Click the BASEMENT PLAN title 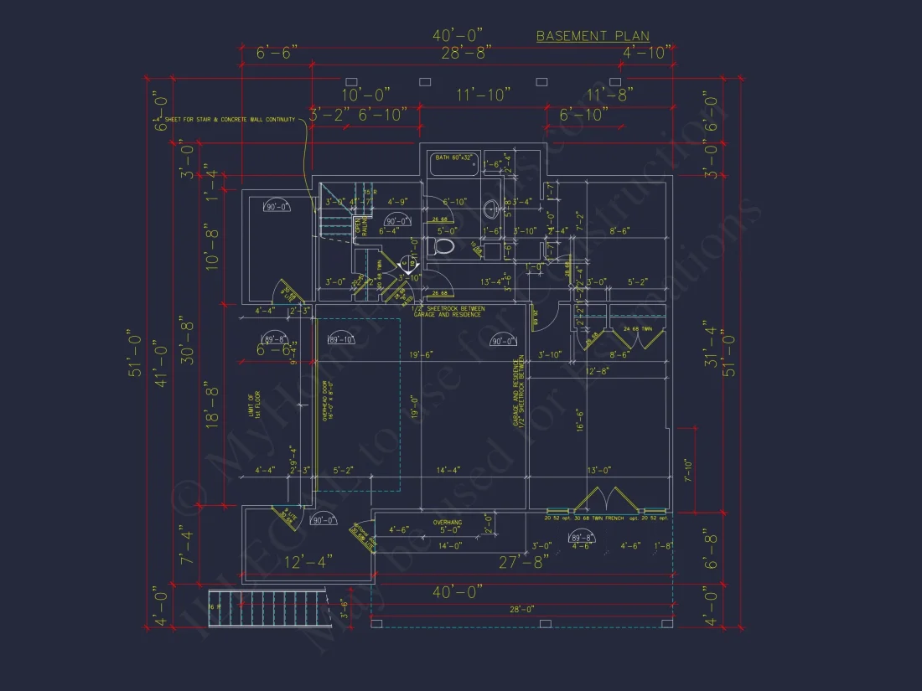593,36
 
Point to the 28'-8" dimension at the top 466,52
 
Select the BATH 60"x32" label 453,157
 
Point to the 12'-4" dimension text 307,560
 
